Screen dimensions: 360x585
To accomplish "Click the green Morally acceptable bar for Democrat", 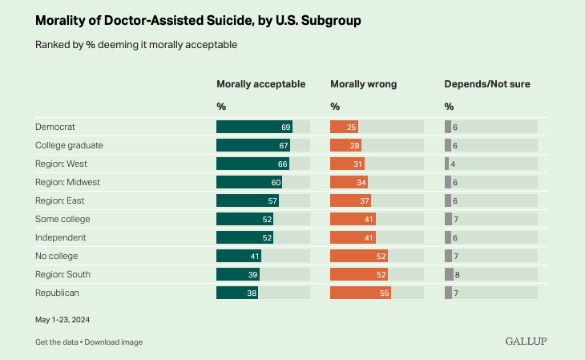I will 254,127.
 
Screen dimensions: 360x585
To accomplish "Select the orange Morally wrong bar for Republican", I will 361,293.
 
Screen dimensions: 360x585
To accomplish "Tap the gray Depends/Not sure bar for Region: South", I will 448,274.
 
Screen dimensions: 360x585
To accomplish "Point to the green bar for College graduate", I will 253,145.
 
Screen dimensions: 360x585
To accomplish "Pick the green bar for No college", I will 239,256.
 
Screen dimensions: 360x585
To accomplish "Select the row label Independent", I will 61,237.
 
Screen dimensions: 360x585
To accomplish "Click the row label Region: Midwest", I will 67,182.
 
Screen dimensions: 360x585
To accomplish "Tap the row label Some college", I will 63,219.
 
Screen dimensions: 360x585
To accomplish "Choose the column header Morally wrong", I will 363,84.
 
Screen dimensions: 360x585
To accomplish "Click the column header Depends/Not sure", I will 487,84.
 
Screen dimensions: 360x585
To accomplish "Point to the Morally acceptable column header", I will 260,84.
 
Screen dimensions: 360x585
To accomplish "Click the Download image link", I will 114,342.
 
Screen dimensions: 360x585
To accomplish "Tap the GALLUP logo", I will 526,342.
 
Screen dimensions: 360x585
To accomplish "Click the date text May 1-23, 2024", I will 63,319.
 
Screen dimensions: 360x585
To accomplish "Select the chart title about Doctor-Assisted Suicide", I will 197,21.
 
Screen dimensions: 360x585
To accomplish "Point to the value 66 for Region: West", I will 283,164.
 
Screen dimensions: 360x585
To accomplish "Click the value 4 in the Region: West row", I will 454,164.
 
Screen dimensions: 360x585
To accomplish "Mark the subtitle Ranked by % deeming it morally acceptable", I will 136,45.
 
